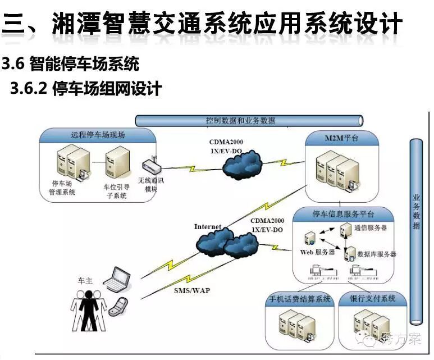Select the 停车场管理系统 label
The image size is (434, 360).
(63, 188)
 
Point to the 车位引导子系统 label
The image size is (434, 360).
(115, 191)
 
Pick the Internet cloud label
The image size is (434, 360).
(208, 227)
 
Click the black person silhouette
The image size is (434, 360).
(88, 312)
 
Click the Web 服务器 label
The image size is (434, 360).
(317, 252)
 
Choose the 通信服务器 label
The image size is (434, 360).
(371, 227)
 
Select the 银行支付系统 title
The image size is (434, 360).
(372, 299)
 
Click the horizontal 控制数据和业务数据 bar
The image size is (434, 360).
(249, 120)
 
